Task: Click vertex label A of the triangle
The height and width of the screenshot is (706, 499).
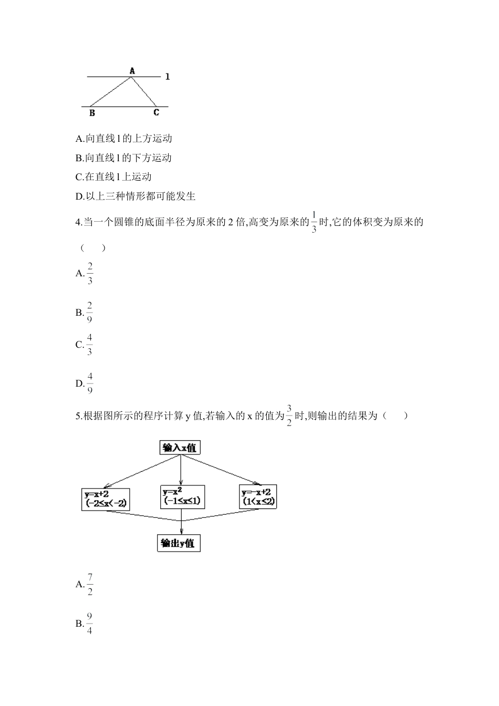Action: tap(132, 70)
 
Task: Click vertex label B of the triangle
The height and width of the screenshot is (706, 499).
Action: tap(92, 113)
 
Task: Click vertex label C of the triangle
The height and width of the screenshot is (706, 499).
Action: tap(156, 112)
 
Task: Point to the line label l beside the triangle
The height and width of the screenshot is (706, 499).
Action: tap(167, 77)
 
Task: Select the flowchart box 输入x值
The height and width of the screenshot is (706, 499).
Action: tap(181, 448)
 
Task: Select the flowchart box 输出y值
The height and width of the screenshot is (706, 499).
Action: tap(179, 543)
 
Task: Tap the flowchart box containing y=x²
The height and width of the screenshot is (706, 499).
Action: tap(181, 496)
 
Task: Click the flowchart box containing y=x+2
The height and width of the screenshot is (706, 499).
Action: tap(106, 498)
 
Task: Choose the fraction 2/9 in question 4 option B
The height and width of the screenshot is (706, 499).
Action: tap(90, 313)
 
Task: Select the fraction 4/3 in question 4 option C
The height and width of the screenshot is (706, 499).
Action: tap(90, 345)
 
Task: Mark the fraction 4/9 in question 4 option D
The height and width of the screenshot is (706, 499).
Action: tap(90, 383)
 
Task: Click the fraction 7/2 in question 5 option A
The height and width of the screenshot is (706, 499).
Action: tap(90, 585)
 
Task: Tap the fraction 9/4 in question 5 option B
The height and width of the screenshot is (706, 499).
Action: tap(90, 624)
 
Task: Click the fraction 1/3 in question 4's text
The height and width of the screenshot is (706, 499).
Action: tap(314, 222)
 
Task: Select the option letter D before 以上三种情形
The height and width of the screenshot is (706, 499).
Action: tap(79, 196)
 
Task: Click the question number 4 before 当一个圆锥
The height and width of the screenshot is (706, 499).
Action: tap(78, 222)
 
